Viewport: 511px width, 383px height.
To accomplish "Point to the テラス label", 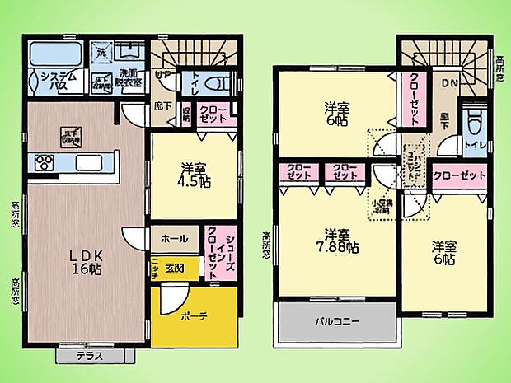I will point(89,356).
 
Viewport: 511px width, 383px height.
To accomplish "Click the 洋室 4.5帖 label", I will point(195,176).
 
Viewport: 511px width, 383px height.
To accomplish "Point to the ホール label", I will point(174,239).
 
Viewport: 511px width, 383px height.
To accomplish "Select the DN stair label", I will point(451,83).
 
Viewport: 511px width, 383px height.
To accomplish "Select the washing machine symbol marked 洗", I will point(101,53).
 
